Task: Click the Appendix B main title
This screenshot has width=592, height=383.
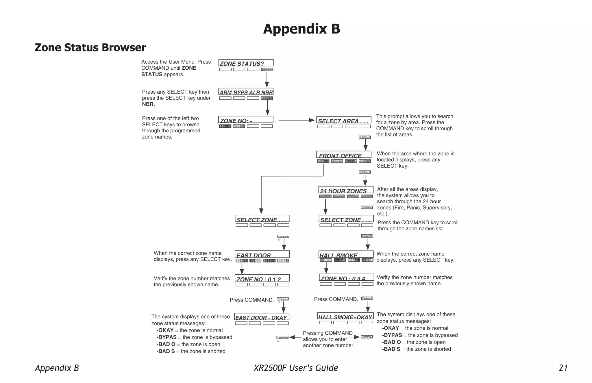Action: pyautogui.click(x=301, y=29)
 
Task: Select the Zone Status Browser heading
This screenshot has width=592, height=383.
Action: pyautogui.click(x=90, y=48)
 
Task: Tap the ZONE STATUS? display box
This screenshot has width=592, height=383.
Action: pyautogui.click(x=246, y=63)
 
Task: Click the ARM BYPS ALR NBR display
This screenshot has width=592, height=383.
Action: pyautogui.click(x=246, y=92)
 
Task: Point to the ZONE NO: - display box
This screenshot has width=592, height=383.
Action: pyautogui.click(x=246, y=120)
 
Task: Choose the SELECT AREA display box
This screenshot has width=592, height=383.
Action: pyautogui.click(x=344, y=120)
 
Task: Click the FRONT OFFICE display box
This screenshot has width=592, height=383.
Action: pyautogui.click(x=344, y=155)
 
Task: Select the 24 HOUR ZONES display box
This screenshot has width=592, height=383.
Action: pyautogui.click(x=346, y=190)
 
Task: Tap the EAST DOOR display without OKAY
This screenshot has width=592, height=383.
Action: pyautogui.click(x=262, y=254)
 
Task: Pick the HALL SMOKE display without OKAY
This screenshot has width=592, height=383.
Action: pyautogui.click(x=346, y=254)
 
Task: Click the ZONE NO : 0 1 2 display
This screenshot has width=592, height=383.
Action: pyautogui.click(x=262, y=278)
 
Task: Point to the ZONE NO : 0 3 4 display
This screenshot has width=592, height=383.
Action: pyautogui.click(x=346, y=278)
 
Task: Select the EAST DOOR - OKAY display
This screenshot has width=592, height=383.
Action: pyautogui.click(x=262, y=317)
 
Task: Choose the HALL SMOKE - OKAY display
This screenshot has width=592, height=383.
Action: pyautogui.click(x=345, y=316)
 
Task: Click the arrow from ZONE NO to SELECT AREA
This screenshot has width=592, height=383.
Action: pyautogui.click(x=297, y=120)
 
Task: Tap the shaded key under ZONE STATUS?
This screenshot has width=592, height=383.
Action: pyautogui.click(x=267, y=69)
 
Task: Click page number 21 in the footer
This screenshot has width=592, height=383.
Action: pyautogui.click(x=563, y=368)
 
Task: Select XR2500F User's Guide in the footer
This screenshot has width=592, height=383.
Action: pyautogui.click(x=296, y=368)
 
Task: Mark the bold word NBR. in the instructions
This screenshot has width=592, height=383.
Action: pyautogui.click(x=149, y=104)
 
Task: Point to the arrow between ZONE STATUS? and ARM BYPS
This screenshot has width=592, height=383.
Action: pyautogui.click(x=267, y=79)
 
